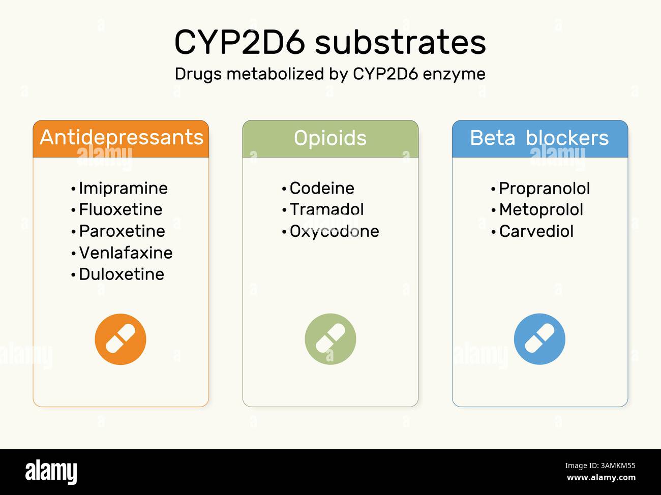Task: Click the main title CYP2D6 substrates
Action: [x=330, y=42]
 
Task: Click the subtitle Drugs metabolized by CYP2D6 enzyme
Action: [x=330, y=74]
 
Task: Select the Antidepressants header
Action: [x=121, y=138]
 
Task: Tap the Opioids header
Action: [x=330, y=138]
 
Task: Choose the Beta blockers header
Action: [x=539, y=138]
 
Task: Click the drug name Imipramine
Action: [x=123, y=189]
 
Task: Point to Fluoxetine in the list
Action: [x=121, y=209]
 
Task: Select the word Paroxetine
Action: [x=122, y=231]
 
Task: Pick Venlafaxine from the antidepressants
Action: [x=126, y=253]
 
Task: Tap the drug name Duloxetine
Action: [x=122, y=274]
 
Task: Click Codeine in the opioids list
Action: [x=322, y=189]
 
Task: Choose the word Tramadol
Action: [x=326, y=209]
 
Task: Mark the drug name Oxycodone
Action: [x=334, y=232]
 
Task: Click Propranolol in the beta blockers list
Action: [x=544, y=189]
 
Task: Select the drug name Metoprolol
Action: [x=541, y=209]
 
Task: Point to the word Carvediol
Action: [x=536, y=231]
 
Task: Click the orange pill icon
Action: [x=121, y=339]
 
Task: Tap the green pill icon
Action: [x=330, y=339]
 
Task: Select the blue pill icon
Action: [x=539, y=339]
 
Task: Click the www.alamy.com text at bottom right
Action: [x=601, y=478]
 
